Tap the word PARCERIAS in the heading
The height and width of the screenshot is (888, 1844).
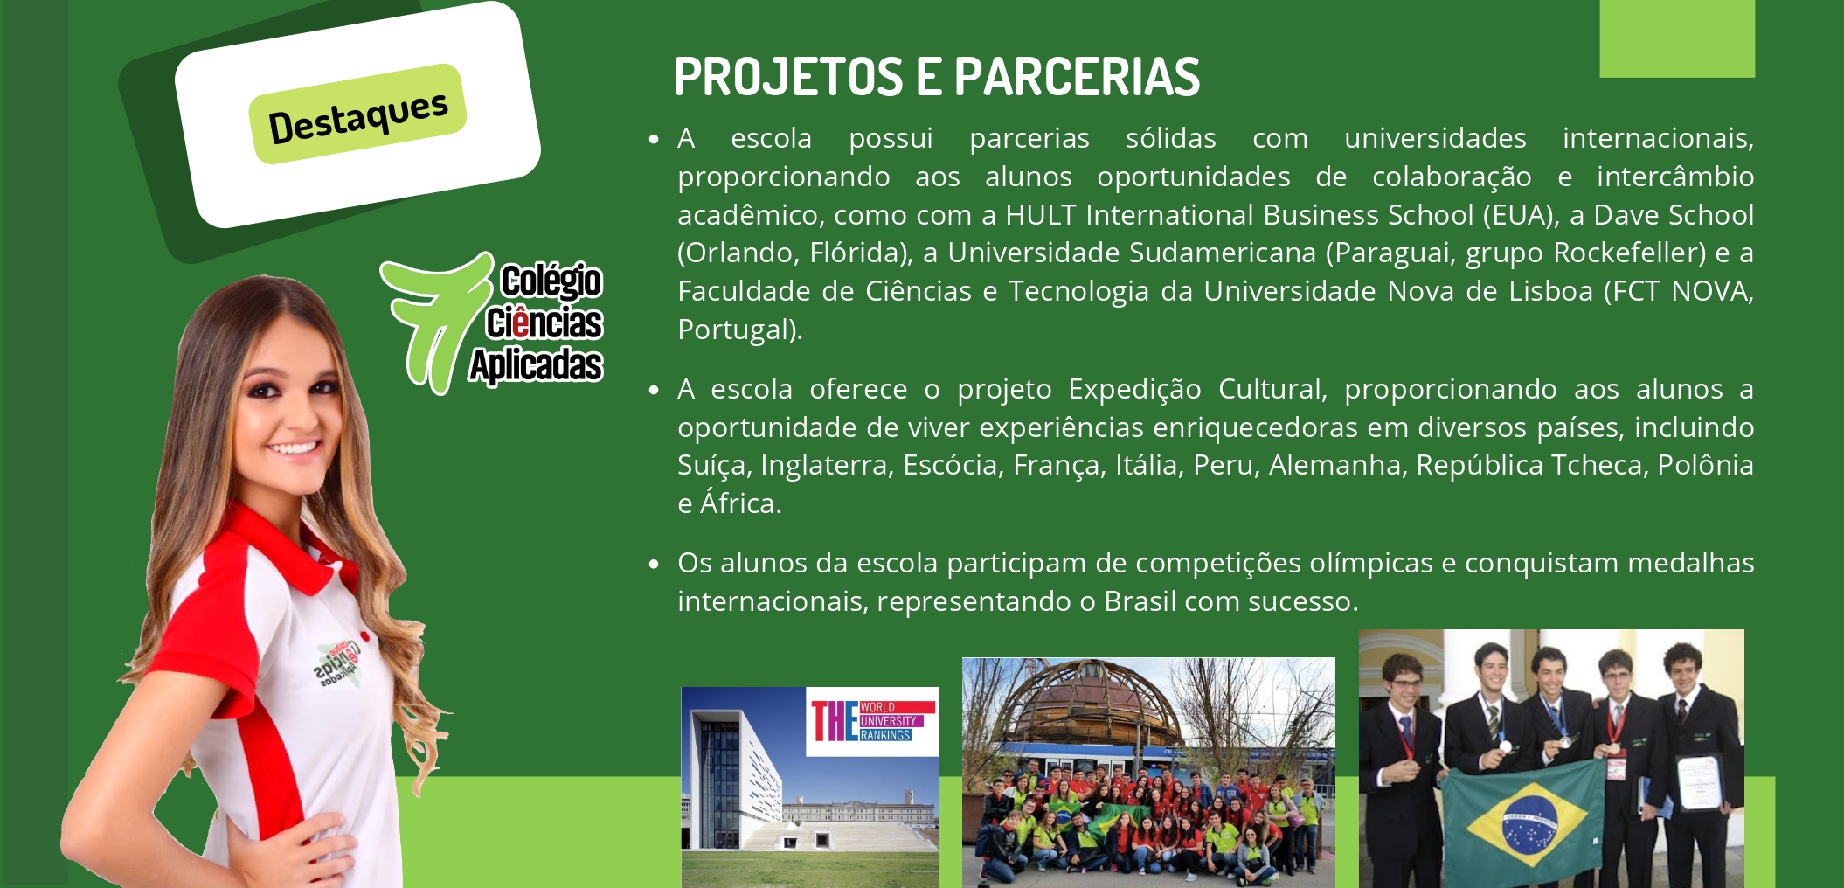click(1078, 77)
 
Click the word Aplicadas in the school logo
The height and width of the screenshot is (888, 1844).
click(536, 365)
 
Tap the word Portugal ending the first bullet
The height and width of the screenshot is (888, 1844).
click(733, 330)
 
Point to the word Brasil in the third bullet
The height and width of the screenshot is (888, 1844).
click(1140, 601)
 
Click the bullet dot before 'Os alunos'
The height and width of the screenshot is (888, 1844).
click(654, 565)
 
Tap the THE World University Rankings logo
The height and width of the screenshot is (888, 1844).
click(872, 721)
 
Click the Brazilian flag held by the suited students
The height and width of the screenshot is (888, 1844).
click(1525, 822)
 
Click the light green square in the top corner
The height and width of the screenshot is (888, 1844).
click(1677, 38)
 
